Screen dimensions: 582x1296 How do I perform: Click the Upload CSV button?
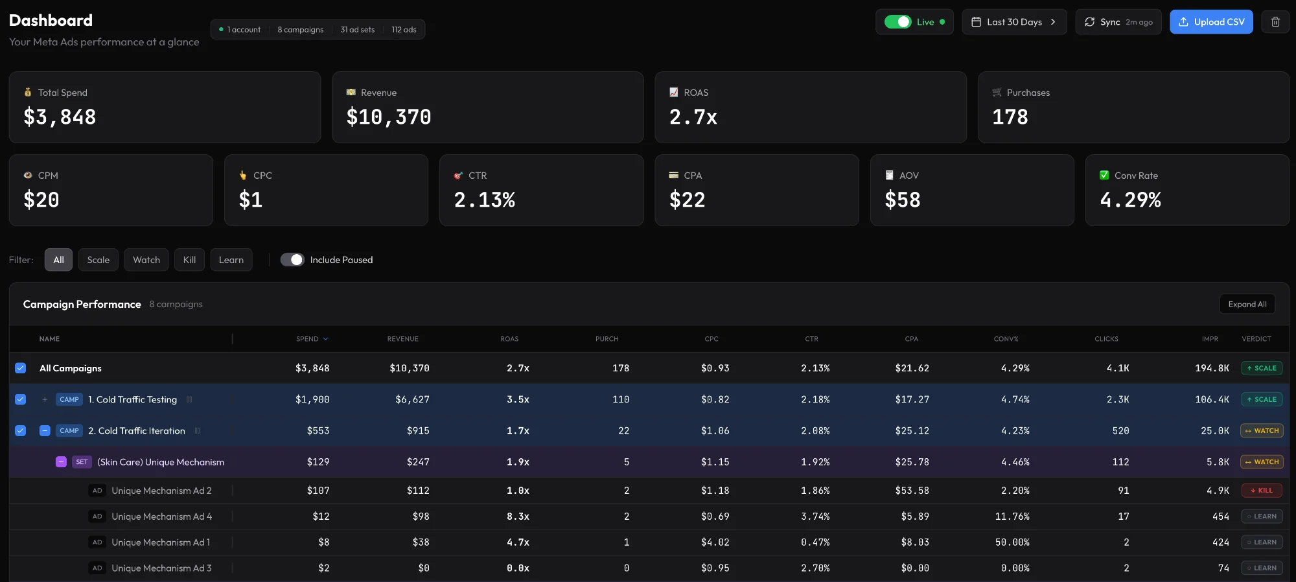click(1211, 22)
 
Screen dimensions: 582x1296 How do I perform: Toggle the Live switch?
click(897, 22)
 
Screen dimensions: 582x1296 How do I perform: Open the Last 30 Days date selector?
click(1014, 22)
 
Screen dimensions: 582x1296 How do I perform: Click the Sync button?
click(1118, 22)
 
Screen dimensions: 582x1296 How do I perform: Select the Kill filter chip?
click(189, 260)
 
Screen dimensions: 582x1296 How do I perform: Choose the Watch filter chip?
click(146, 260)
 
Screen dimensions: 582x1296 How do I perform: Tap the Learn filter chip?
click(231, 260)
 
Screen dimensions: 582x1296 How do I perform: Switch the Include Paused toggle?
click(292, 260)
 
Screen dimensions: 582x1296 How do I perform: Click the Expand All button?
click(1247, 304)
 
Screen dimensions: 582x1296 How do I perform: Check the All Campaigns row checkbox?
click(21, 368)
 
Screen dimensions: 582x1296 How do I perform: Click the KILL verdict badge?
click(1261, 491)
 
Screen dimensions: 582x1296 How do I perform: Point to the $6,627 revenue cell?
click(412, 400)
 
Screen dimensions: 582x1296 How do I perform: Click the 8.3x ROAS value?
click(518, 517)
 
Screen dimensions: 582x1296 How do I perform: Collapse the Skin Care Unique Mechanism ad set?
click(61, 462)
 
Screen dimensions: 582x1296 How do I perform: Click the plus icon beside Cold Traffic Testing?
click(45, 400)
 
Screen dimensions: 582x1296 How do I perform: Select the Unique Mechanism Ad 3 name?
click(161, 568)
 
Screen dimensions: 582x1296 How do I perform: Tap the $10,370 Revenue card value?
click(389, 117)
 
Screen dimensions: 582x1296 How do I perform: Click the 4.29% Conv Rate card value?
click(1130, 200)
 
